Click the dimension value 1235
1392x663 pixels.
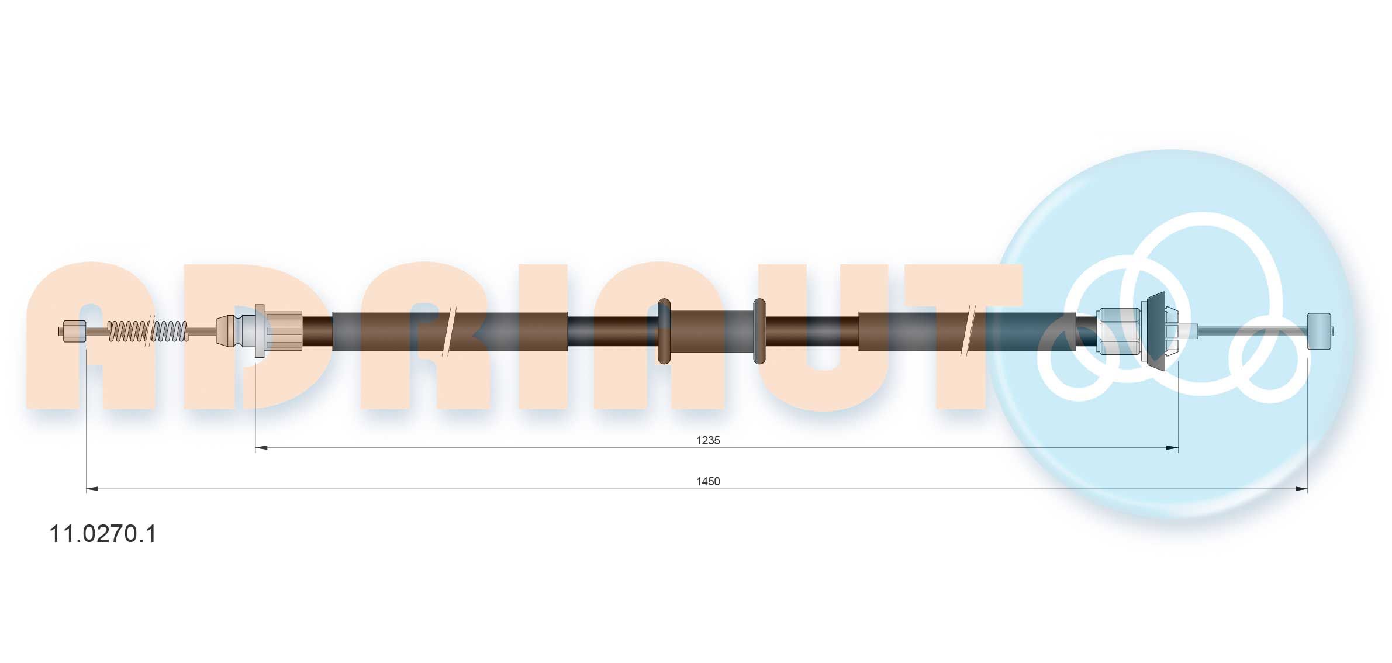click(707, 440)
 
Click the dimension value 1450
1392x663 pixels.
click(707, 481)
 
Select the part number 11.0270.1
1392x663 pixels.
click(103, 534)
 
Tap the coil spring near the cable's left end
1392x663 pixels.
click(148, 331)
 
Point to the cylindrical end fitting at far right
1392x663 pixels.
click(1320, 331)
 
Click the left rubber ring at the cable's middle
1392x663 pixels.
click(664, 331)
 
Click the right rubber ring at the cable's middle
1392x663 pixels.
click(759, 331)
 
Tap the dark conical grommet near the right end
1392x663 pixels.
click(1156, 331)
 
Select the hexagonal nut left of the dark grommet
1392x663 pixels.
click(1119, 331)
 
